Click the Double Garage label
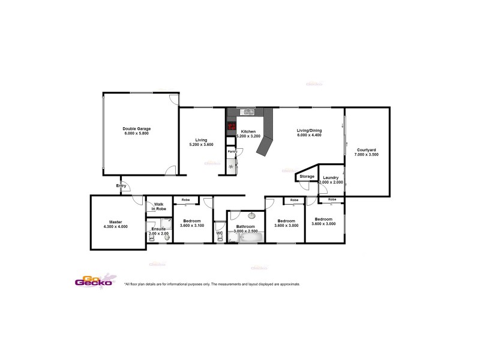point(136,128)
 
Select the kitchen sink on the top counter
point(247,112)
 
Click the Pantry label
point(232,152)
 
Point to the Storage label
point(307,177)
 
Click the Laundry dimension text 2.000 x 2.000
point(331,182)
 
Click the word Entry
point(122,186)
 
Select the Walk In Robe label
point(160,206)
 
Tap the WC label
point(220,233)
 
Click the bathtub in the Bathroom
point(251,238)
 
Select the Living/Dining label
point(309,130)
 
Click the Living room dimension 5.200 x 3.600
point(201,145)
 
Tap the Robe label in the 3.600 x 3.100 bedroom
point(185,199)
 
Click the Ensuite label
point(158,229)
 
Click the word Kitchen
point(248,131)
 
